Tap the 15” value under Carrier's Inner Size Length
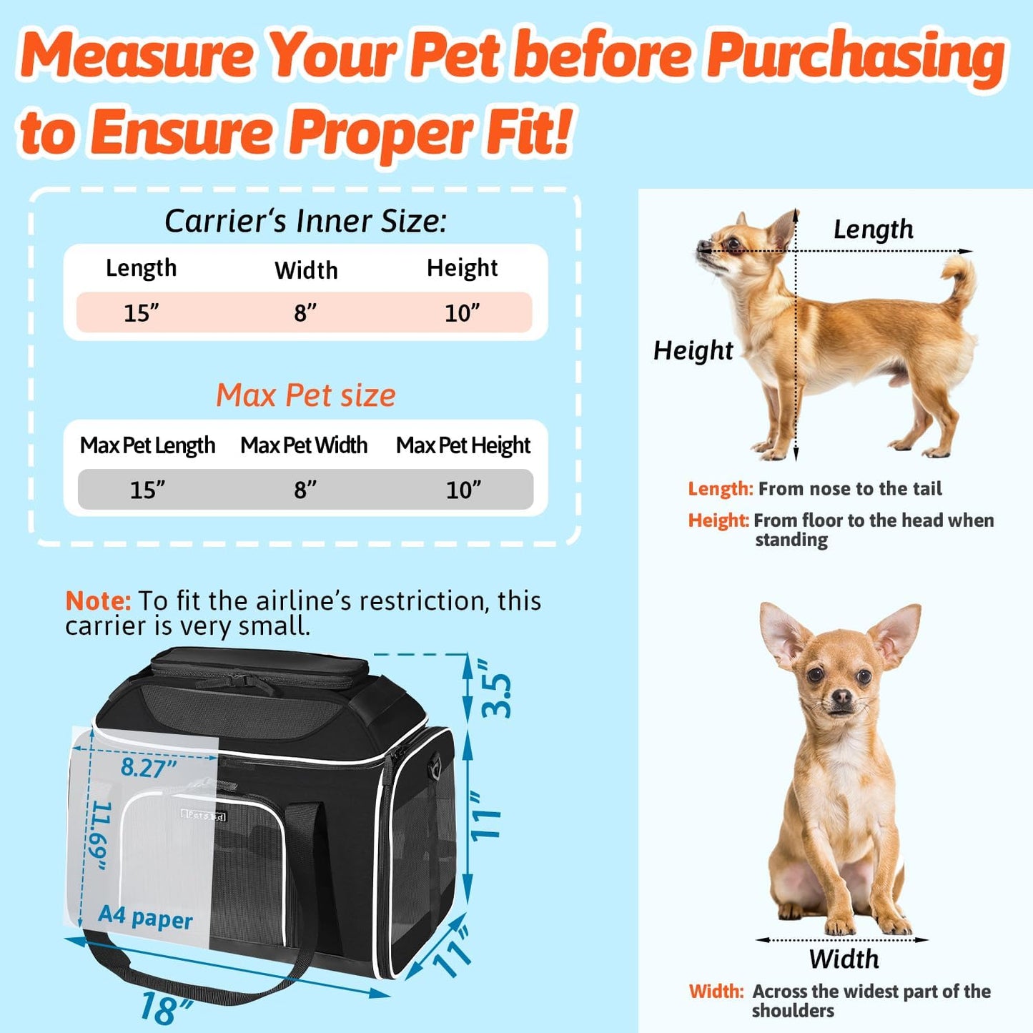point(141,312)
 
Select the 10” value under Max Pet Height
point(463,490)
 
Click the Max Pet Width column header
point(304,445)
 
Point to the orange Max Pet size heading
point(305,395)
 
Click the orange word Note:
point(98,600)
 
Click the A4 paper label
point(145,917)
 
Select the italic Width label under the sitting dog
point(844,959)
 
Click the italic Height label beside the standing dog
point(693,350)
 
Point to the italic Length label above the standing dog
point(873,229)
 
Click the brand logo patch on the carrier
point(204,815)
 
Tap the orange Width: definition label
point(716,992)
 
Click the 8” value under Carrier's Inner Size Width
point(305,312)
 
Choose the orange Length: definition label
point(720,489)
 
